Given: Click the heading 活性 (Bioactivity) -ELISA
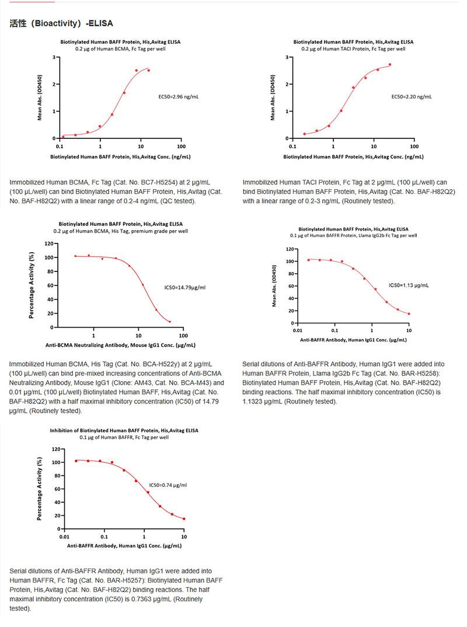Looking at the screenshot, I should [x=61, y=23].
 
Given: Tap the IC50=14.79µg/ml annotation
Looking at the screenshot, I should [x=184, y=287].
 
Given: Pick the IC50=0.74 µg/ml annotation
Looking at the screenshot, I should [x=168, y=485].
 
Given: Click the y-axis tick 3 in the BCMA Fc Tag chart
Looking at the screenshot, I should [x=53, y=57].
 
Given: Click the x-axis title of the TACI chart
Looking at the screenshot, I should [x=354, y=157].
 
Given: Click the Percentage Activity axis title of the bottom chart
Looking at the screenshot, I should [x=40, y=489].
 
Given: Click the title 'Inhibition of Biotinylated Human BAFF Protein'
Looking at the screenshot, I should [x=124, y=430].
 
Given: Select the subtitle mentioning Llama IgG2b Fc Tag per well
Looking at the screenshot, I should [x=354, y=236].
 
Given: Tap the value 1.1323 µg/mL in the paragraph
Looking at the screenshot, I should [x=262, y=402].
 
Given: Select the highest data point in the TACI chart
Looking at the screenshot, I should [x=390, y=65].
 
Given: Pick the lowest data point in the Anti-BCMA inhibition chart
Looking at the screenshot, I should [x=170, y=322].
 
